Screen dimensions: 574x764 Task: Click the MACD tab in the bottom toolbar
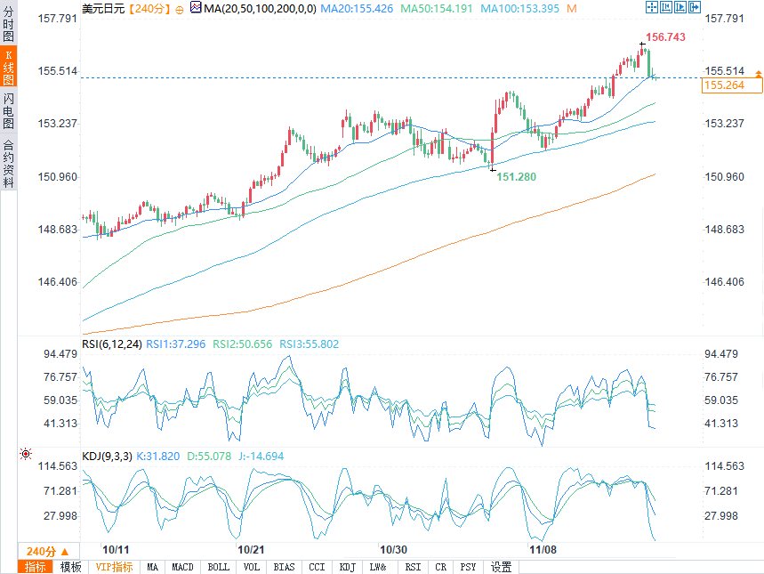pos(182,567)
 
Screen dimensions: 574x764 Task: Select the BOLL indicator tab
pos(218,567)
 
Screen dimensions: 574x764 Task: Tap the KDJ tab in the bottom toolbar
pos(348,567)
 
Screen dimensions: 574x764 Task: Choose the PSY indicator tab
pos(468,567)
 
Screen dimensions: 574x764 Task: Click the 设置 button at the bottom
pos(502,567)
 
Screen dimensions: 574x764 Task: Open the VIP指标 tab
pos(114,567)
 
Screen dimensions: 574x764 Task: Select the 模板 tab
pos(70,567)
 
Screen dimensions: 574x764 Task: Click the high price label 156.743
pos(665,37)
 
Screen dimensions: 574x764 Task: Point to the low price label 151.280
pos(516,177)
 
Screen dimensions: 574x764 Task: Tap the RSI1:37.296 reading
pos(176,344)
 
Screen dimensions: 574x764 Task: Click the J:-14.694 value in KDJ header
pos(259,457)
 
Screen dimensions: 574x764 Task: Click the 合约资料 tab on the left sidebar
pos(8,164)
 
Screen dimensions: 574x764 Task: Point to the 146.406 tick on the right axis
pos(723,282)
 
